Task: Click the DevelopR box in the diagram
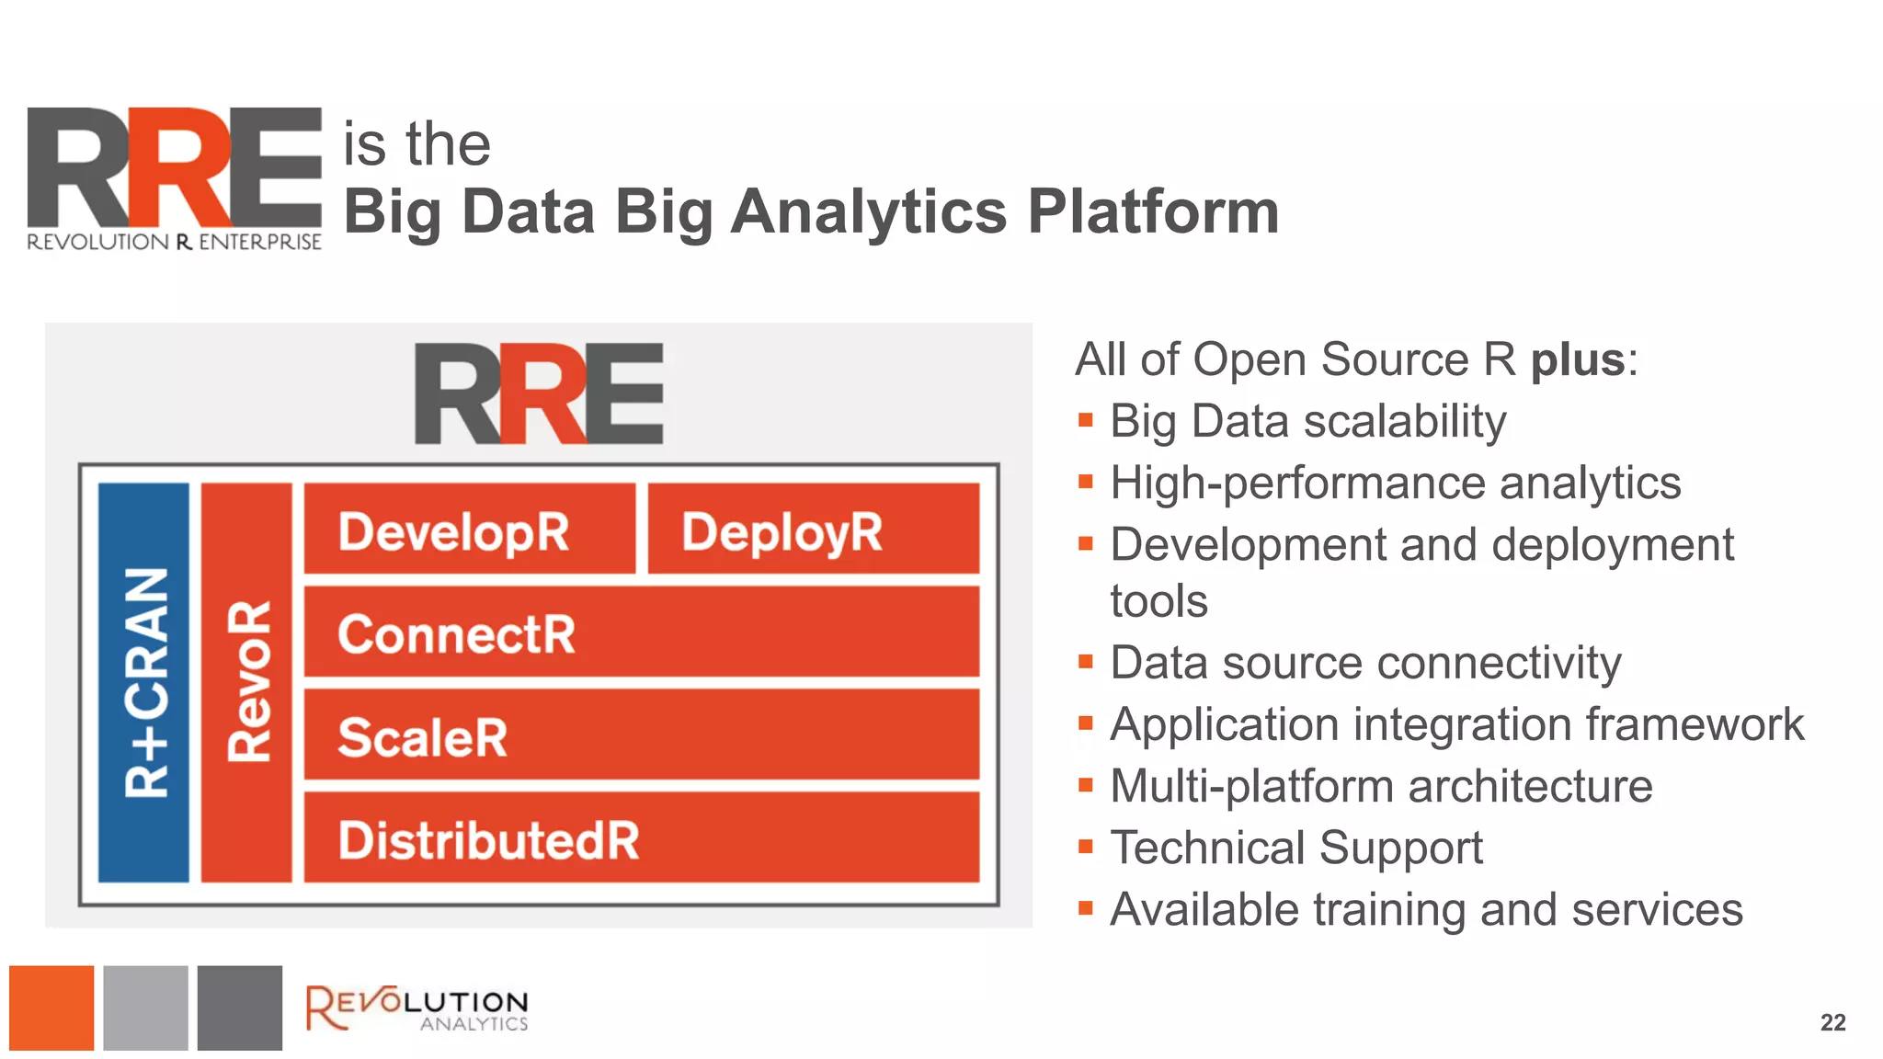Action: (469, 529)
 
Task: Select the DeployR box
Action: (814, 529)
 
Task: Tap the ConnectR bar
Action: (641, 632)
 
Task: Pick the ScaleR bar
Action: (641, 735)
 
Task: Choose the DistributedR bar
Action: (641, 838)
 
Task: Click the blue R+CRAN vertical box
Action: (144, 682)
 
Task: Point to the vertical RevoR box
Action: (246, 682)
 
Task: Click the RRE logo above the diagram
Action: (539, 393)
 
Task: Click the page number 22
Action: (1832, 1022)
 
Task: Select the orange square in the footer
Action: (51, 1008)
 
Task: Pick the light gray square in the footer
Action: (145, 1008)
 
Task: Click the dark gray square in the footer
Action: (240, 1008)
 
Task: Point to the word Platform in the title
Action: (1153, 212)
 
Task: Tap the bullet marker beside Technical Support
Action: (1086, 847)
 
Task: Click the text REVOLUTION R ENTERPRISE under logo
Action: (174, 242)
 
